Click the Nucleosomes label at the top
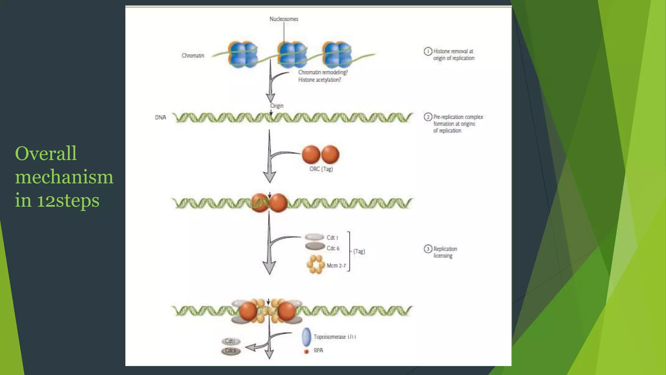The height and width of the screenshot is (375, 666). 284,19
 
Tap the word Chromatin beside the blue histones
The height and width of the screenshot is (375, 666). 193,56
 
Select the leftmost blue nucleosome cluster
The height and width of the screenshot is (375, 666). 243,54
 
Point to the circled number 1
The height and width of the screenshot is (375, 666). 428,51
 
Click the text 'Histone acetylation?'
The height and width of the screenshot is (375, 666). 319,80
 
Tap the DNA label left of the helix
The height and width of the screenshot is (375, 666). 160,118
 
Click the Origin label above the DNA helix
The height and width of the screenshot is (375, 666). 277,106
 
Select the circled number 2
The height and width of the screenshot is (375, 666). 428,117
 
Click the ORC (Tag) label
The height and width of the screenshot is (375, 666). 321,169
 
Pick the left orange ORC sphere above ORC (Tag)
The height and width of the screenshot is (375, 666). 311,154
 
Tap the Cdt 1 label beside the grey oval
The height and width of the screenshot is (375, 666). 332,238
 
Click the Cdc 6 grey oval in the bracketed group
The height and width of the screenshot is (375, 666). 315,246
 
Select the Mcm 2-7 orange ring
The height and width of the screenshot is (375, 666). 315,264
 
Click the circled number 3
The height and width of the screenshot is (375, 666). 428,249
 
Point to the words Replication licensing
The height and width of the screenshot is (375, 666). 445,252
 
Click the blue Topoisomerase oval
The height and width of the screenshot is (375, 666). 306,337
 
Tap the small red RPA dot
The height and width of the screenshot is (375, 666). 306,352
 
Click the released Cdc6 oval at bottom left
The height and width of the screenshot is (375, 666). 231,351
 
